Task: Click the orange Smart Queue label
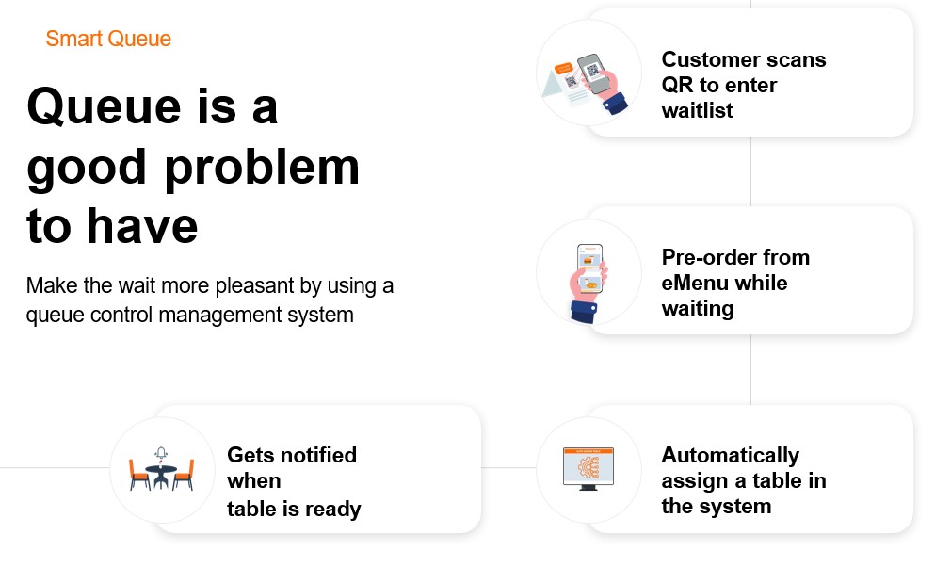[x=108, y=39]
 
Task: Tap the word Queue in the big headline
[x=104, y=107]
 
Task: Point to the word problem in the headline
[x=262, y=170]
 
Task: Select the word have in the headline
[x=142, y=227]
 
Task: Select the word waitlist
[x=697, y=111]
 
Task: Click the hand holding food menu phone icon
[x=588, y=283]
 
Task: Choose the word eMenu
[x=695, y=283]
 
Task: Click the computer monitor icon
[x=588, y=469]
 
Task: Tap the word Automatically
[x=731, y=456]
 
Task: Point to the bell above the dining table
[x=161, y=453]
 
